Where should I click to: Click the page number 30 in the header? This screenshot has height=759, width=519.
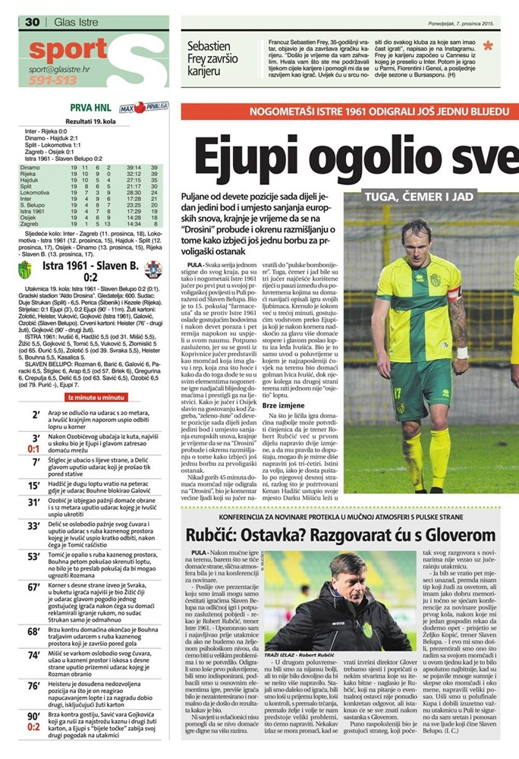click(32, 22)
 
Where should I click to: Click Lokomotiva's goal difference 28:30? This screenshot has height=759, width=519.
click(134, 193)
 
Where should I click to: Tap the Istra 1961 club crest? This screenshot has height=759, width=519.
click(26, 269)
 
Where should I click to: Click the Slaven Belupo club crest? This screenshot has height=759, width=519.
click(153, 269)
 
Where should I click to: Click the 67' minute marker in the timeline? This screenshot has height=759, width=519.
click(34, 587)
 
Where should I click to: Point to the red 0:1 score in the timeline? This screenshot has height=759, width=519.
click(34, 449)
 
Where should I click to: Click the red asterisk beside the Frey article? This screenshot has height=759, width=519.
click(487, 46)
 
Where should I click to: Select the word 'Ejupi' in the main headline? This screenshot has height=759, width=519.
click(247, 156)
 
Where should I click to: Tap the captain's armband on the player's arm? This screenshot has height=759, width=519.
click(455, 293)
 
